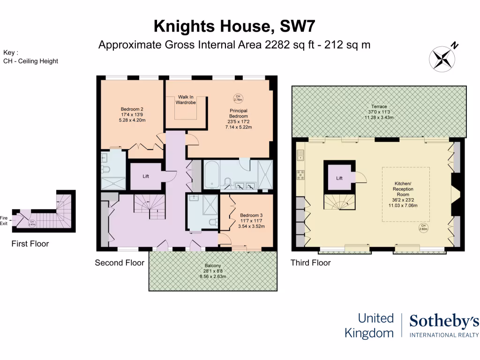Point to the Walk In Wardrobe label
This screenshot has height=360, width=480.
(186, 99)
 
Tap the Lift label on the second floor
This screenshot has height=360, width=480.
(146, 176)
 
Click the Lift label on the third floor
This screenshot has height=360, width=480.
(339, 178)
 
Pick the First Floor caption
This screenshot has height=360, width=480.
(30, 244)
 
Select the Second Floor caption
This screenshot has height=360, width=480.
(120, 262)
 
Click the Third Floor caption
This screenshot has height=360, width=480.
(310, 262)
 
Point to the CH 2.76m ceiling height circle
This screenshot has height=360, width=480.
(238, 98)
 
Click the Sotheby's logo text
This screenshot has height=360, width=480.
(444, 322)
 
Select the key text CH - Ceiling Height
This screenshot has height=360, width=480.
(30, 61)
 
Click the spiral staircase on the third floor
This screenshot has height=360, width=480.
(339, 202)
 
